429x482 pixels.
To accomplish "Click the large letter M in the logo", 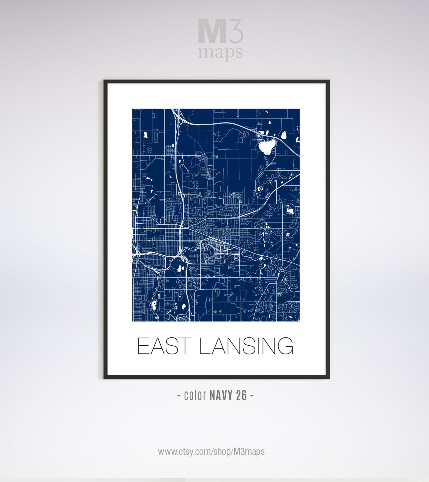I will click(x=212, y=31).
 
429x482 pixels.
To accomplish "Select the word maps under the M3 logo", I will click(x=220, y=52).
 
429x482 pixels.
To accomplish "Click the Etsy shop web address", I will click(x=211, y=451).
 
